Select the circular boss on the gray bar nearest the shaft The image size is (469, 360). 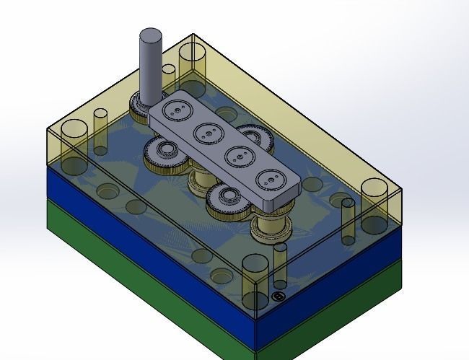point(175,111)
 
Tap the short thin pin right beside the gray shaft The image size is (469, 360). point(168,76)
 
